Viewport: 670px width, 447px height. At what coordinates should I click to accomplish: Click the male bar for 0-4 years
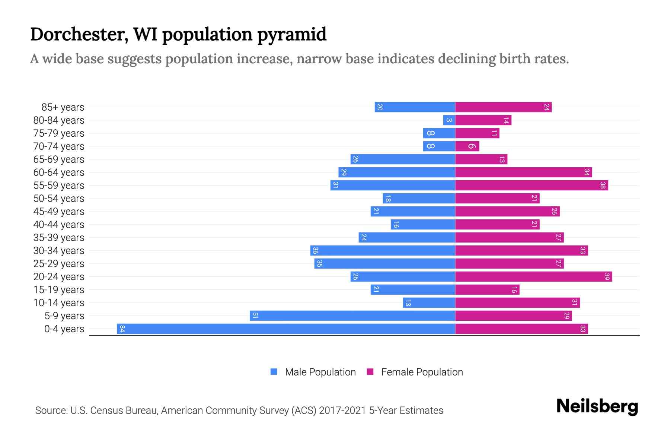[286, 329]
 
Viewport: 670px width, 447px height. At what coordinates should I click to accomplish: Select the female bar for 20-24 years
[533, 276]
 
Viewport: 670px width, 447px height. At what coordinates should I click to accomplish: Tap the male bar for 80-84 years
[449, 120]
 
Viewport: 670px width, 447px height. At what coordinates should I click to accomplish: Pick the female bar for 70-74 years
[467, 146]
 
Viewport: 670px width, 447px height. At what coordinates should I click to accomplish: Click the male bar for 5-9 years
[352, 316]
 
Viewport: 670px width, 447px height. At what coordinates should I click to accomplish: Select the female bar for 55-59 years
[532, 185]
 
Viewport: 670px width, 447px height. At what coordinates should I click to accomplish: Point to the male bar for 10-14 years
[429, 302]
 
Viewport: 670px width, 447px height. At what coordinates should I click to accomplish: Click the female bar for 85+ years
[503, 107]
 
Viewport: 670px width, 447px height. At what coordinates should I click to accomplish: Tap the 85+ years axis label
[63, 107]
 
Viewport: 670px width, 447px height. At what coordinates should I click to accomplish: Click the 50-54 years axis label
[59, 199]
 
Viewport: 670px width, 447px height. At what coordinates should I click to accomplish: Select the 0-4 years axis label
[64, 329]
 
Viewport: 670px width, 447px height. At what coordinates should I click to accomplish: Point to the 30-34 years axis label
[59, 251]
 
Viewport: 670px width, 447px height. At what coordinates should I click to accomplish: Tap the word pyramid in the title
[291, 34]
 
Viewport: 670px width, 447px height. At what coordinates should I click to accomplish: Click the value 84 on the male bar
[122, 329]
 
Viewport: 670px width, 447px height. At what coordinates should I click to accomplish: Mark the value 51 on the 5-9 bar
[255, 316]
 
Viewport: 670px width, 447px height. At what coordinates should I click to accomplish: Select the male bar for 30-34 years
[383, 250]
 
